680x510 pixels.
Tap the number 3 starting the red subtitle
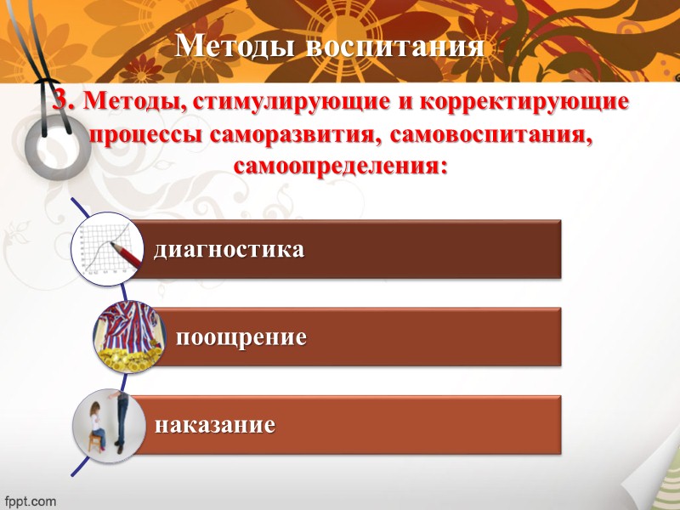pos(63,102)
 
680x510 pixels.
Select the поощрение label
pos(241,337)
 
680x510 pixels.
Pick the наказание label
pos(214,424)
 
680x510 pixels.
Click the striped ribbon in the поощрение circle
pos(124,327)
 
